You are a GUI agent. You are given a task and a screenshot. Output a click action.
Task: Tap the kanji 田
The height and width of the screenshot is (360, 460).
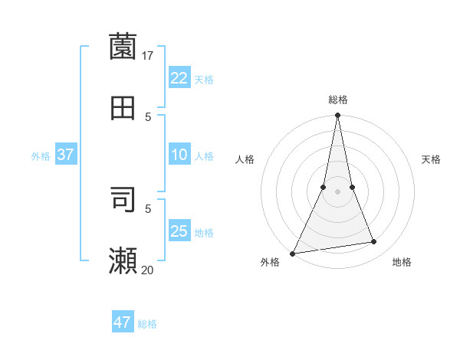(x=123, y=108)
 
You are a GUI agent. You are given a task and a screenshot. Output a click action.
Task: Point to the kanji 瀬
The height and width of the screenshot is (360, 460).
(x=123, y=260)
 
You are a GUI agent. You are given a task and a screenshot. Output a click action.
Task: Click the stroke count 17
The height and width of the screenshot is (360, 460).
(x=148, y=55)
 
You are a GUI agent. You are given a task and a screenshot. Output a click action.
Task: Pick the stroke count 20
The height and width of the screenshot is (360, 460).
(x=148, y=270)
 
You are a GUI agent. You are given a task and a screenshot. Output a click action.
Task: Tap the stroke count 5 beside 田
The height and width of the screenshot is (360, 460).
(x=148, y=117)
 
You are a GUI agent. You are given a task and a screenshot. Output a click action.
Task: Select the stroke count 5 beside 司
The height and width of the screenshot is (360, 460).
(x=148, y=208)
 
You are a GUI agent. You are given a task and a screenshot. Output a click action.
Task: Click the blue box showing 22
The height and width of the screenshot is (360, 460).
(x=179, y=78)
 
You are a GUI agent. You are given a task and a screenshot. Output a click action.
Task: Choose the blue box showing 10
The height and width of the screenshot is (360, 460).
(x=179, y=155)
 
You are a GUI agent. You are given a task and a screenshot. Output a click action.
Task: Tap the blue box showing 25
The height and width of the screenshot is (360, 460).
(x=179, y=231)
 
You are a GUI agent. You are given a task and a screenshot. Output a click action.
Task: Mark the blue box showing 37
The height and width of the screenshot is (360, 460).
(x=66, y=155)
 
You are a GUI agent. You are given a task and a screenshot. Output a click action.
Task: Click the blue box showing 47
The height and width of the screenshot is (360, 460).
(x=123, y=322)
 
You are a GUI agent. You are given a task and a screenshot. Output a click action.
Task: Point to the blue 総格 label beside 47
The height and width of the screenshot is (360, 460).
(x=147, y=324)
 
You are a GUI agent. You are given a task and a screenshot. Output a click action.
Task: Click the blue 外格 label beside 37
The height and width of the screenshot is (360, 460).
(x=41, y=156)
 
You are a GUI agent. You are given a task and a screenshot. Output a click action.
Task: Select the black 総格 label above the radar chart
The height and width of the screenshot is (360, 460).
(x=337, y=100)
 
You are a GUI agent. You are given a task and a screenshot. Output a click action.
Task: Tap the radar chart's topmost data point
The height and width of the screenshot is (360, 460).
(x=337, y=116)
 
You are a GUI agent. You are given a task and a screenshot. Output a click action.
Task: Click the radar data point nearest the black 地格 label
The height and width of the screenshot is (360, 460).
(x=373, y=242)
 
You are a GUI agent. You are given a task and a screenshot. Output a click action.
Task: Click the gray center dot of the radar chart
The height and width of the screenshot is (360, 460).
(x=337, y=191)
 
